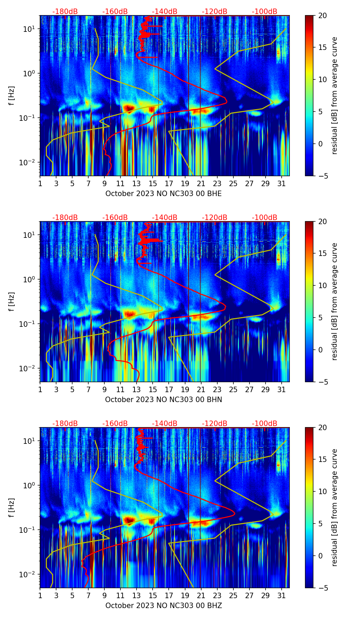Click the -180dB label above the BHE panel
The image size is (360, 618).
pos(65,12)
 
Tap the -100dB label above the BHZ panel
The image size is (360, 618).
pos(265,424)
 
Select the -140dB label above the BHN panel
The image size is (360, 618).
pos(165,218)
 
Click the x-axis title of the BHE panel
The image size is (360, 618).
pos(164,194)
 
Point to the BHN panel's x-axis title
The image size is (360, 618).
pos(164,400)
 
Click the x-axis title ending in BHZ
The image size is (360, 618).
pos(164,606)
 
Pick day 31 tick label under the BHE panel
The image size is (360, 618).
pos(282,183)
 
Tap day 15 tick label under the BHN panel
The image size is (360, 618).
pos(153,389)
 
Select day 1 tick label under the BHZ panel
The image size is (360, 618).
pos(40,595)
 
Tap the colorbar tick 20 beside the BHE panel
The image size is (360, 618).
pos(323,15)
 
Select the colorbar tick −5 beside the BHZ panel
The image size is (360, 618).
pos(323,588)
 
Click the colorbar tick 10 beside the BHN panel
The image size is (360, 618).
pos(323,285)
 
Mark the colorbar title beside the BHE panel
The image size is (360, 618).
pos(335,95)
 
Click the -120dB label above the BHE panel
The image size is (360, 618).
pos(215,12)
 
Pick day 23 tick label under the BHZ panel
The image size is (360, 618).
pos(217,595)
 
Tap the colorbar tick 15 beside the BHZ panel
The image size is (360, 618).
pos(323,460)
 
